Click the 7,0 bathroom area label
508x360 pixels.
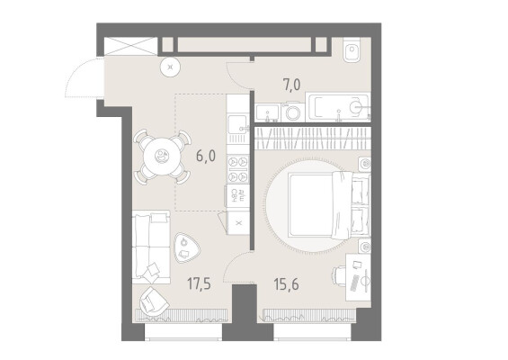click(291, 85)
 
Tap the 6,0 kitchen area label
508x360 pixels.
click(206, 156)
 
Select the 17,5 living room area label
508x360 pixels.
click(199, 283)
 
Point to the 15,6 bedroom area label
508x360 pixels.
click(287, 284)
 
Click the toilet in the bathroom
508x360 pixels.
click(352, 49)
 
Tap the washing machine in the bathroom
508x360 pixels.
click(293, 112)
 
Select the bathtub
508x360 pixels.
click(337, 108)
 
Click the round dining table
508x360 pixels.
click(161, 157)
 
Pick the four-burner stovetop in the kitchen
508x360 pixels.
click(237, 168)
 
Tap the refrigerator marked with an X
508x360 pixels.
click(239, 223)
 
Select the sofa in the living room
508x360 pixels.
click(151, 247)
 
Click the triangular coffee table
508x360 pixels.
click(186, 247)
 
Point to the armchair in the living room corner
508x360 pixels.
click(153, 301)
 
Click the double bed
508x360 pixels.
click(329, 205)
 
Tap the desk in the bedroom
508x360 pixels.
click(358, 277)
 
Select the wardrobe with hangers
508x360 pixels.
click(313, 139)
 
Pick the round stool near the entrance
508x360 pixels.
click(171, 67)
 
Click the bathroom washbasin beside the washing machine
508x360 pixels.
click(268, 112)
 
